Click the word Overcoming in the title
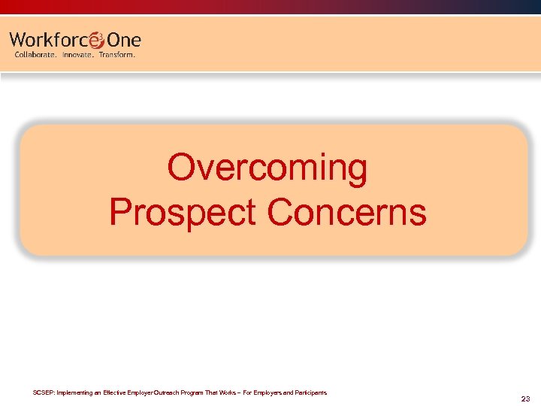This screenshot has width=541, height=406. click(267, 168)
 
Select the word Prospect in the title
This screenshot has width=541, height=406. click(183, 212)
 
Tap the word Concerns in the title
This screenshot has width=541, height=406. click(346, 212)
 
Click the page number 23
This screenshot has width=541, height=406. click(525, 398)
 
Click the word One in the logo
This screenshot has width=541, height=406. click(124, 40)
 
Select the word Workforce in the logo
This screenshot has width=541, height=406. click(49, 40)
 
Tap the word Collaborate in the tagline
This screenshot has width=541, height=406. click(35, 55)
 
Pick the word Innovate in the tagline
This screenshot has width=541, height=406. click(77, 55)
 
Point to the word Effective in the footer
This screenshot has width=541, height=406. click(116, 392)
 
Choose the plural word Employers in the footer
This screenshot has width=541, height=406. click(267, 392)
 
